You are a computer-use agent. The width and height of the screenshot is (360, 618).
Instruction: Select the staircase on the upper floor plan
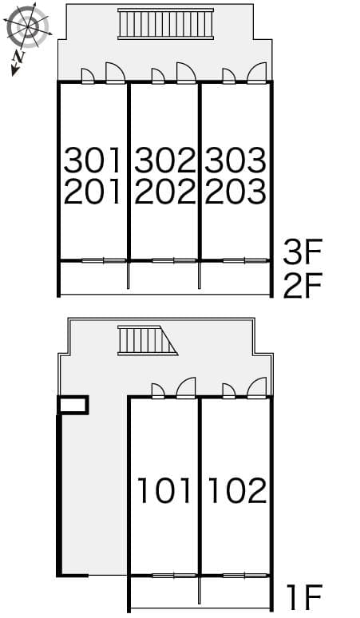[x=166, y=24]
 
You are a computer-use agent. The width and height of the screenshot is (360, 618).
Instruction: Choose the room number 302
[x=164, y=160]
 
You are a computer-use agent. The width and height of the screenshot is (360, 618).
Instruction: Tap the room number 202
[x=164, y=192]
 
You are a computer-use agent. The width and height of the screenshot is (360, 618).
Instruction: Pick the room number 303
[x=235, y=160]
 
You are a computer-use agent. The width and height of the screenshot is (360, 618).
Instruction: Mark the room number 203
[x=235, y=192]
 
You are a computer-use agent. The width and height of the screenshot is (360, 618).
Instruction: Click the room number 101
[x=164, y=489]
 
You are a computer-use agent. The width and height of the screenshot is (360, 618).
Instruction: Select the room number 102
[x=236, y=489]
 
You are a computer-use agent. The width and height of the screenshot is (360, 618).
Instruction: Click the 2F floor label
[x=302, y=285]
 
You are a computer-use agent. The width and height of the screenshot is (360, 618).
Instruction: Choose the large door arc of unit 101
[x=186, y=388]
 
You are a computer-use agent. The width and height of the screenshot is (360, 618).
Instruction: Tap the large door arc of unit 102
[x=257, y=388]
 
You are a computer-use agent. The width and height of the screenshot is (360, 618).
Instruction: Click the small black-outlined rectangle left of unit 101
[x=73, y=405]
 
